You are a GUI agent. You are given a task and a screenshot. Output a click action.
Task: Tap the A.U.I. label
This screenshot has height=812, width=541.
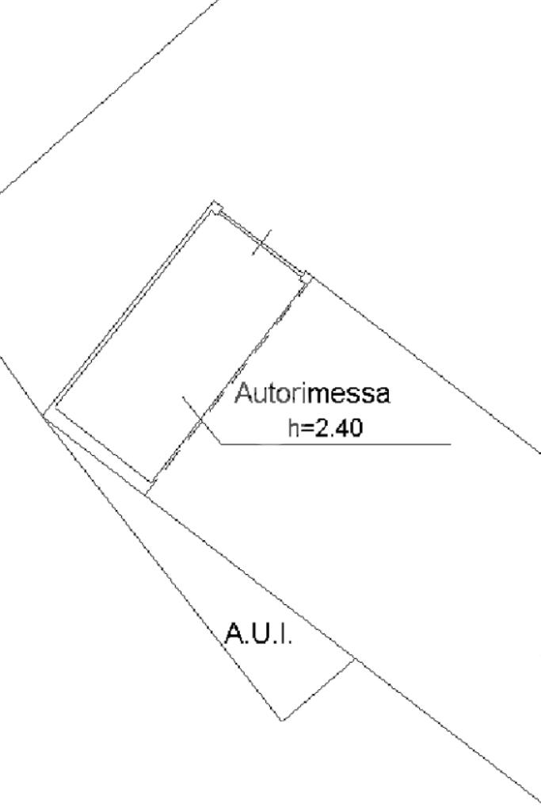coord(258,634)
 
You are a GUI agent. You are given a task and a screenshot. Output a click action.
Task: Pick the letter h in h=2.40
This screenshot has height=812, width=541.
coord(291,428)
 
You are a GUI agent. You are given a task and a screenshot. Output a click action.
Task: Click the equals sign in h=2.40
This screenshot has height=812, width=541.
coord(306,429)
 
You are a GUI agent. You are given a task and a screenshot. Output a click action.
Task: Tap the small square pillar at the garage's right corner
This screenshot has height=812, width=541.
coord(305,276)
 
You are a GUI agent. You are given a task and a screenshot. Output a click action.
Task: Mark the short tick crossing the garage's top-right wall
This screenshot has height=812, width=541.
coord(261,243)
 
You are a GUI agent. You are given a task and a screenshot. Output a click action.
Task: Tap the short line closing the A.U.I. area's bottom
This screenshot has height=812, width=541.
coord(318,689)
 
